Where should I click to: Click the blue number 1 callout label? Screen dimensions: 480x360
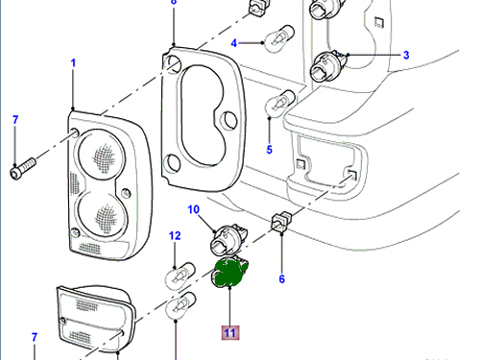[73, 63]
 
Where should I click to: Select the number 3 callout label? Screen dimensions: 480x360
[406, 55]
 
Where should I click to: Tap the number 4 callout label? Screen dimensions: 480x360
[234, 43]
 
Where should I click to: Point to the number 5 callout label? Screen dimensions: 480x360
[270, 150]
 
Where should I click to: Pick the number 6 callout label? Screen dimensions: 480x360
[282, 279]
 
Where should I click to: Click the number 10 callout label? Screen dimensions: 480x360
[194, 209]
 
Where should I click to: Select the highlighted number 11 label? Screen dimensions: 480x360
[230, 333]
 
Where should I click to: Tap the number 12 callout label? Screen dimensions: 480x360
[175, 236]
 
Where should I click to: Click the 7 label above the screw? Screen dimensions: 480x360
[15, 120]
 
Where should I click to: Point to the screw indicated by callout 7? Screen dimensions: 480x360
[23, 168]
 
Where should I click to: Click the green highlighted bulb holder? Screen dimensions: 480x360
[229, 272]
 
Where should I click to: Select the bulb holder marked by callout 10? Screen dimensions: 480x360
[228, 239]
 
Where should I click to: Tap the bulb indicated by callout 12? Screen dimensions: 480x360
[180, 276]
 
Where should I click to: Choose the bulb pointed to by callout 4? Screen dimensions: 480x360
[278, 38]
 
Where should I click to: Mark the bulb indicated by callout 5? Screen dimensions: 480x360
[280, 104]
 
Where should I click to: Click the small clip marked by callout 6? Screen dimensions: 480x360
[281, 222]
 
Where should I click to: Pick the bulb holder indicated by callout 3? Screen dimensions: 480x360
[329, 66]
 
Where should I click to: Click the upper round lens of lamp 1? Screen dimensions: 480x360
[101, 155]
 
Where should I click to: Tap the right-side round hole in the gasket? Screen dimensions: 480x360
[229, 119]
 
